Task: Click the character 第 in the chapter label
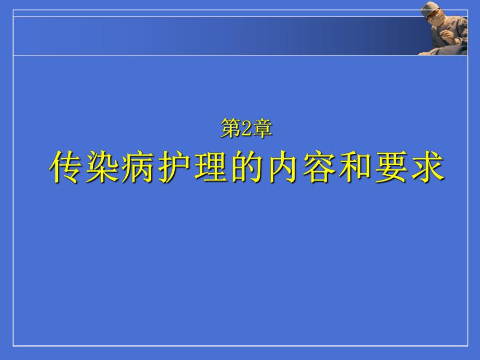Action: tap(230, 128)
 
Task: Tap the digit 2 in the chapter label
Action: tap(246, 128)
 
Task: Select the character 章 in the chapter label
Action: tap(262, 128)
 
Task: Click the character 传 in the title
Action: tap(67, 167)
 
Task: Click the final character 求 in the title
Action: tap(429, 167)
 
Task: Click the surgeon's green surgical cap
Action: tap(429, 7)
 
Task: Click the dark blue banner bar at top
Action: tap(209, 35)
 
